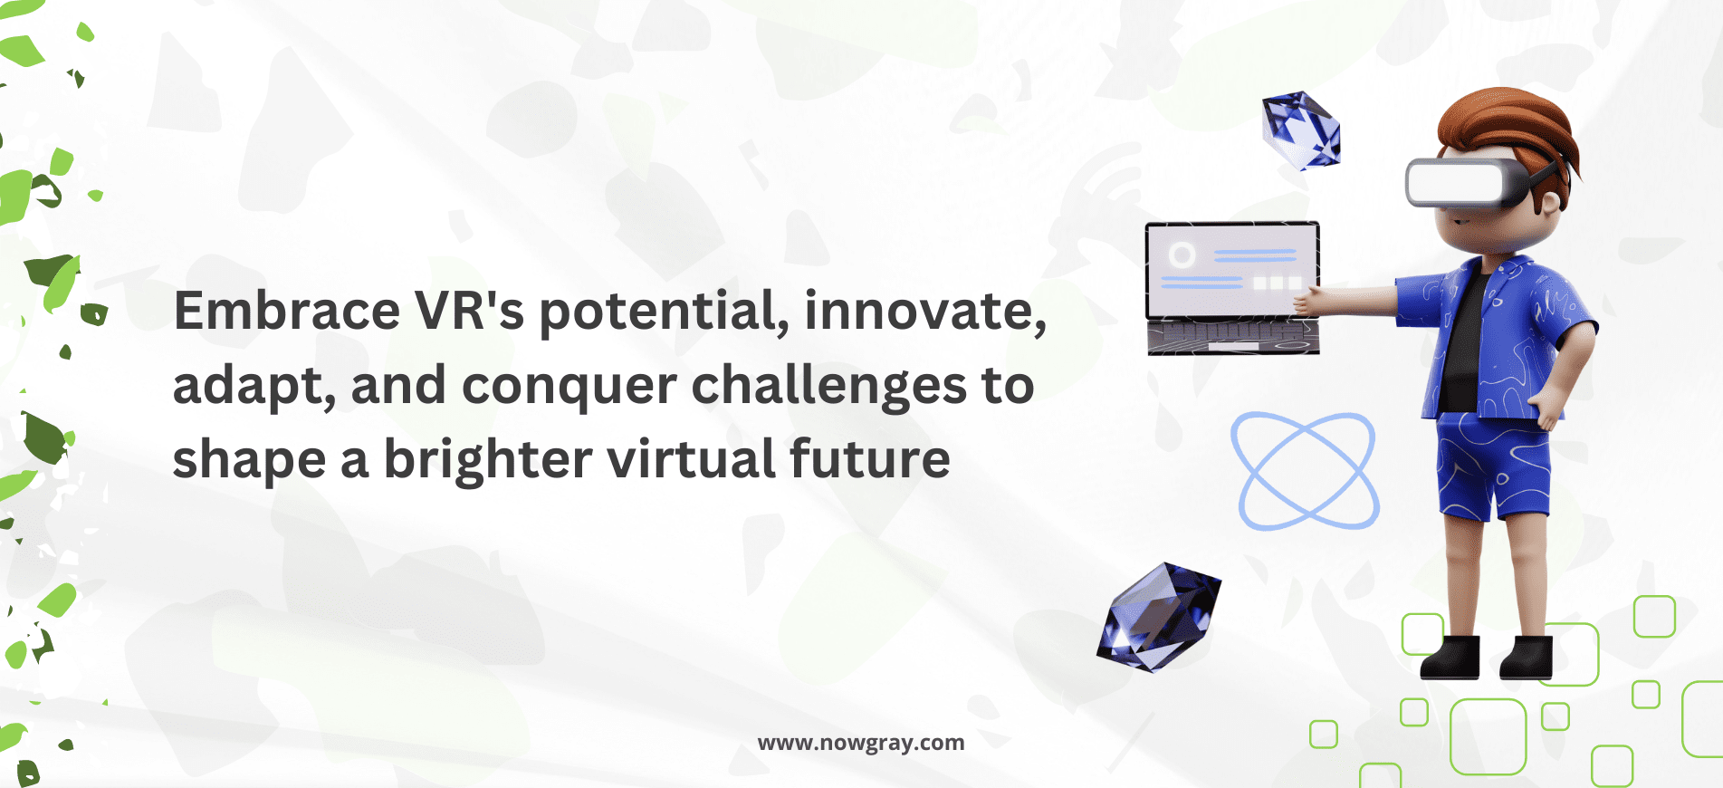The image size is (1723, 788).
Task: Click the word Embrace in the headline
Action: click(286, 311)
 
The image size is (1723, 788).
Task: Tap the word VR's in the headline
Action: click(470, 311)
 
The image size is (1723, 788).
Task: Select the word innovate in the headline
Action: click(925, 312)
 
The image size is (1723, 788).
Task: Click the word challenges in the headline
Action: click(829, 387)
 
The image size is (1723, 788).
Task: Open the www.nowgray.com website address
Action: click(861, 744)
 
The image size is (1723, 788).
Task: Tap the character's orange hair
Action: click(1510, 127)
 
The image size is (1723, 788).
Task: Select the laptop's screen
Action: click(1231, 270)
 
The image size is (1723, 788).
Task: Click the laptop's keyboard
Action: click(1233, 338)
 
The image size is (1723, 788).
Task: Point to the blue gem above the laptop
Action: click(1302, 130)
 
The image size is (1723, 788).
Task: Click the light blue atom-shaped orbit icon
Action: click(1305, 471)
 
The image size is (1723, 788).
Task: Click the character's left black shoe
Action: click(1450, 657)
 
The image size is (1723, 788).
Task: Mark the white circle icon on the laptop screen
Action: click(1182, 255)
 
